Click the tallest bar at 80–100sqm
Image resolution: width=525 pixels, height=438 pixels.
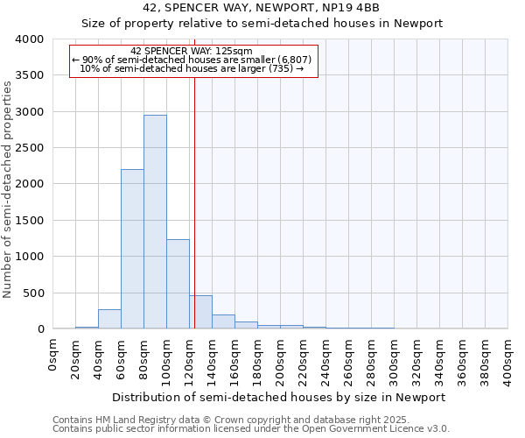[x=155, y=223]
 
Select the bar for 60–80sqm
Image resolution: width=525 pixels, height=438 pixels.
[x=132, y=250]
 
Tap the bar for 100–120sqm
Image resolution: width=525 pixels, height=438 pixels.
[x=178, y=285]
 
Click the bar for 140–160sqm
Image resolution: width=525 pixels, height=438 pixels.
[x=223, y=321]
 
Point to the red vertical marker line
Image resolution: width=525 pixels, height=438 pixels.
[x=194, y=201]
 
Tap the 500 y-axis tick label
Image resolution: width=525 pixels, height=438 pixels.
[x=32, y=293]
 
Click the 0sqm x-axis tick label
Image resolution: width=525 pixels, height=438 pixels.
[x=53, y=354]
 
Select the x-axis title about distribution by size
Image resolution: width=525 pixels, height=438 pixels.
[x=280, y=397]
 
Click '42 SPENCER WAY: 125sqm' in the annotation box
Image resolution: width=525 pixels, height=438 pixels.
[x=192, y=51]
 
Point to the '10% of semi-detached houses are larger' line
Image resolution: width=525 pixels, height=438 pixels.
[x=192, y=68]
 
